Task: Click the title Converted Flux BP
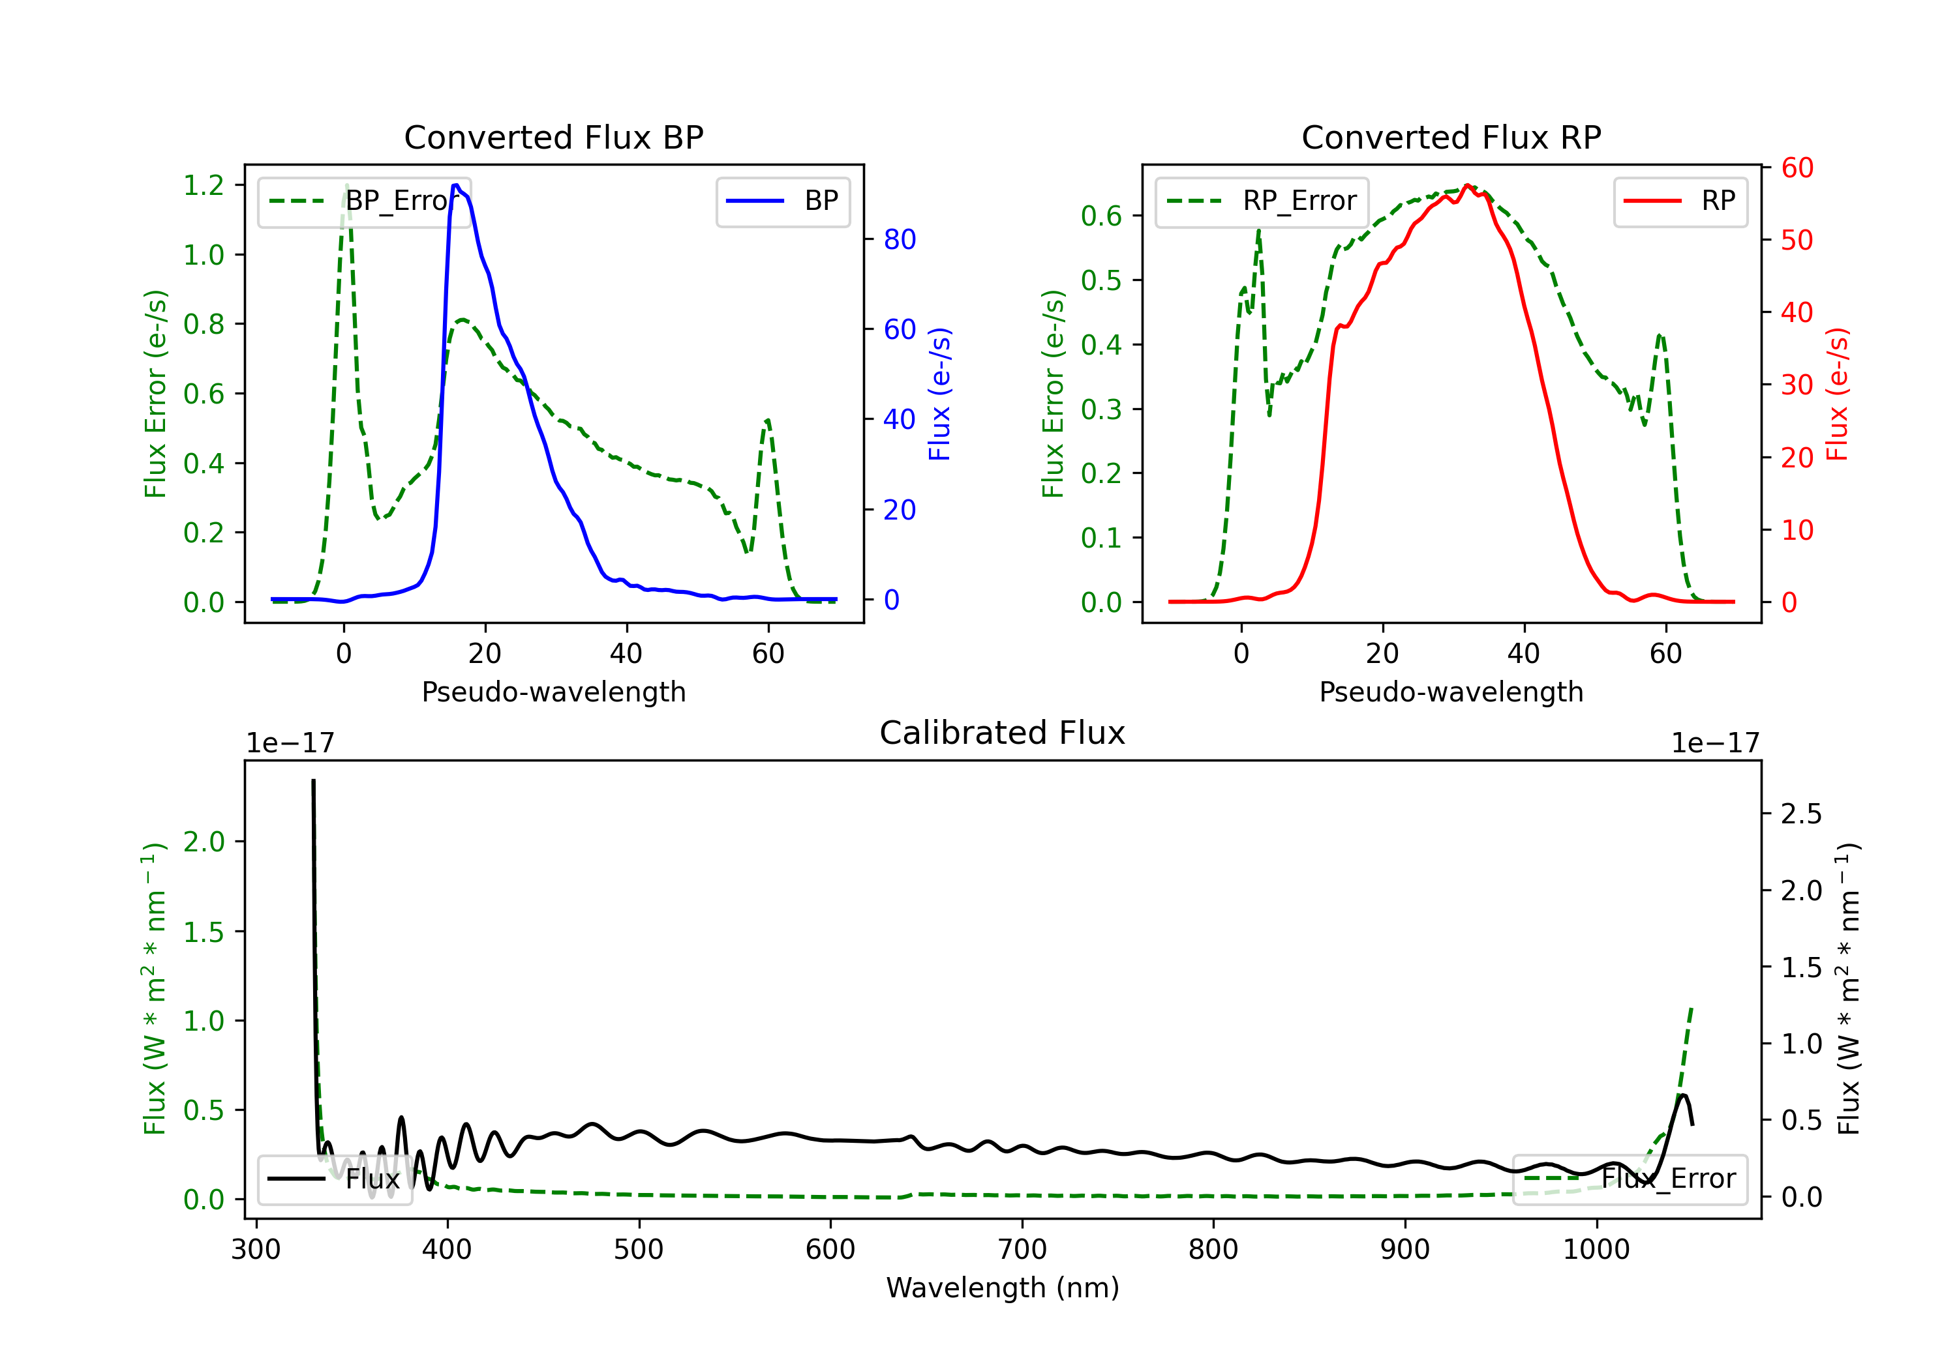click(554, 137)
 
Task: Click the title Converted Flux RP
click(1451, 137)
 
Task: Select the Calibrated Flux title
click(1003, 733)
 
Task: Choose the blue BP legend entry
click(782, 201)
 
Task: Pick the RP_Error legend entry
click(1262, 201)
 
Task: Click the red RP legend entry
click(1680, 201)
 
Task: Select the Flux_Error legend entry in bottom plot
click(1630, 1179)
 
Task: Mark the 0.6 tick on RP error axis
click(1101, 216)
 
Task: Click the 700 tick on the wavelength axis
click(1022, 1250)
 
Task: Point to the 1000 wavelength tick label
click(1596, 1250)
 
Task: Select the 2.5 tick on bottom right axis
click(1801, 814)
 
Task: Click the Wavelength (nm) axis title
click(1003, 1288)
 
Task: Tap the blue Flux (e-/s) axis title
click(939, 394)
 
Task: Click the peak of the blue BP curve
click(456, 185)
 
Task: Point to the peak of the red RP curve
click(1467, 185)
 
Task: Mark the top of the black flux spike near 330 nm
click(314, 780)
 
